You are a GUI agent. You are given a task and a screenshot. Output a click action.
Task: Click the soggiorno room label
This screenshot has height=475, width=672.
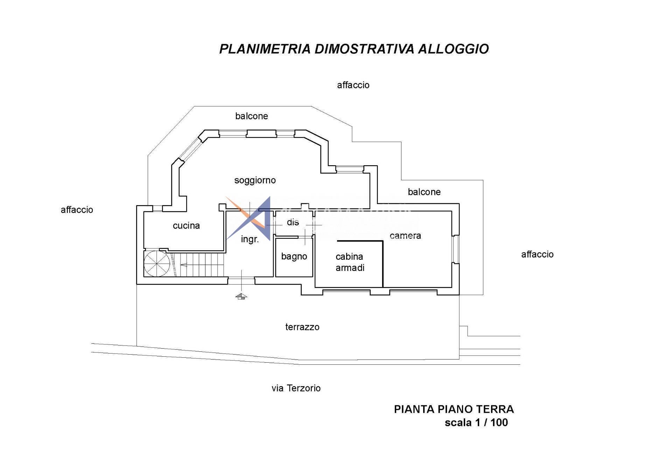255,180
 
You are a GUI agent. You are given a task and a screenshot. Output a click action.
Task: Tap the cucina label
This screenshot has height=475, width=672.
186,225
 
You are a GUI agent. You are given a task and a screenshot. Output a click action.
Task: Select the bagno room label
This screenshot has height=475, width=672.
294,257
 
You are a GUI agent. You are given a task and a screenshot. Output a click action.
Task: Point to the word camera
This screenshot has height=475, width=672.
405,236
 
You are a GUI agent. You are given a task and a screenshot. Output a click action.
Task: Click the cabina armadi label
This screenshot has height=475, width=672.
350,262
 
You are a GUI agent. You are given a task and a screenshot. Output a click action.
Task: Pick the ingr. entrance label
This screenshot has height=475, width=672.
250,239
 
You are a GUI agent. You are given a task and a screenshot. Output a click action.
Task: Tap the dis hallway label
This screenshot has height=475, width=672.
293,222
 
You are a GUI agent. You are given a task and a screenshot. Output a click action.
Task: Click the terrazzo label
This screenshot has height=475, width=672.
302,327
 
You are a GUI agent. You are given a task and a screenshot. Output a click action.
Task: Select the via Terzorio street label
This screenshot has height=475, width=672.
296,388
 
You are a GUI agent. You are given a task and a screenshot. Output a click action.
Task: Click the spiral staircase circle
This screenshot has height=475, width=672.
157,264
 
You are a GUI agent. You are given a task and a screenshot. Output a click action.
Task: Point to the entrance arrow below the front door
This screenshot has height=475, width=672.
241,296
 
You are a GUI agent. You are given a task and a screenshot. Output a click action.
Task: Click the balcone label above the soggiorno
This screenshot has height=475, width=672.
251,116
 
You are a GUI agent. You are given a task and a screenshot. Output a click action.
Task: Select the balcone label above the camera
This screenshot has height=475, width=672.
424,192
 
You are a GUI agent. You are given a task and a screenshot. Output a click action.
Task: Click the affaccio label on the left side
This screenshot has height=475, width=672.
77,210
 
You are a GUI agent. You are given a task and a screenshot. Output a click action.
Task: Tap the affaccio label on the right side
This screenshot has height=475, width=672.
537,254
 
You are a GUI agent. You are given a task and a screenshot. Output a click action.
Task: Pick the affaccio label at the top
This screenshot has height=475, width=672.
353,85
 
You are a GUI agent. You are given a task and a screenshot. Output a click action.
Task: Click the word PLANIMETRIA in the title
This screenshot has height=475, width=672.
265,49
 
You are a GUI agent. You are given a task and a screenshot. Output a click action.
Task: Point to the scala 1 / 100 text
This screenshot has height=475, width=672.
476,422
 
